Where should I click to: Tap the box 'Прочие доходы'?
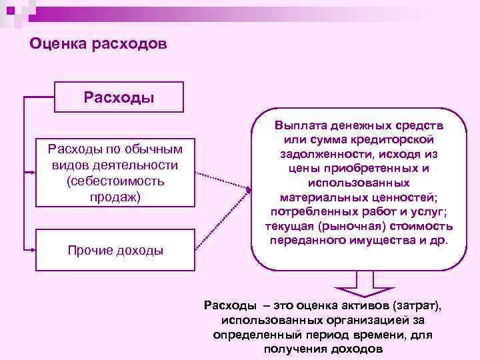115,251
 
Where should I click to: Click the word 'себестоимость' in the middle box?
115,181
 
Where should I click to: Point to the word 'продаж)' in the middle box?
115,197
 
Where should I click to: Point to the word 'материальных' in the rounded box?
316,197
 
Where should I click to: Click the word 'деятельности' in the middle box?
133,165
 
